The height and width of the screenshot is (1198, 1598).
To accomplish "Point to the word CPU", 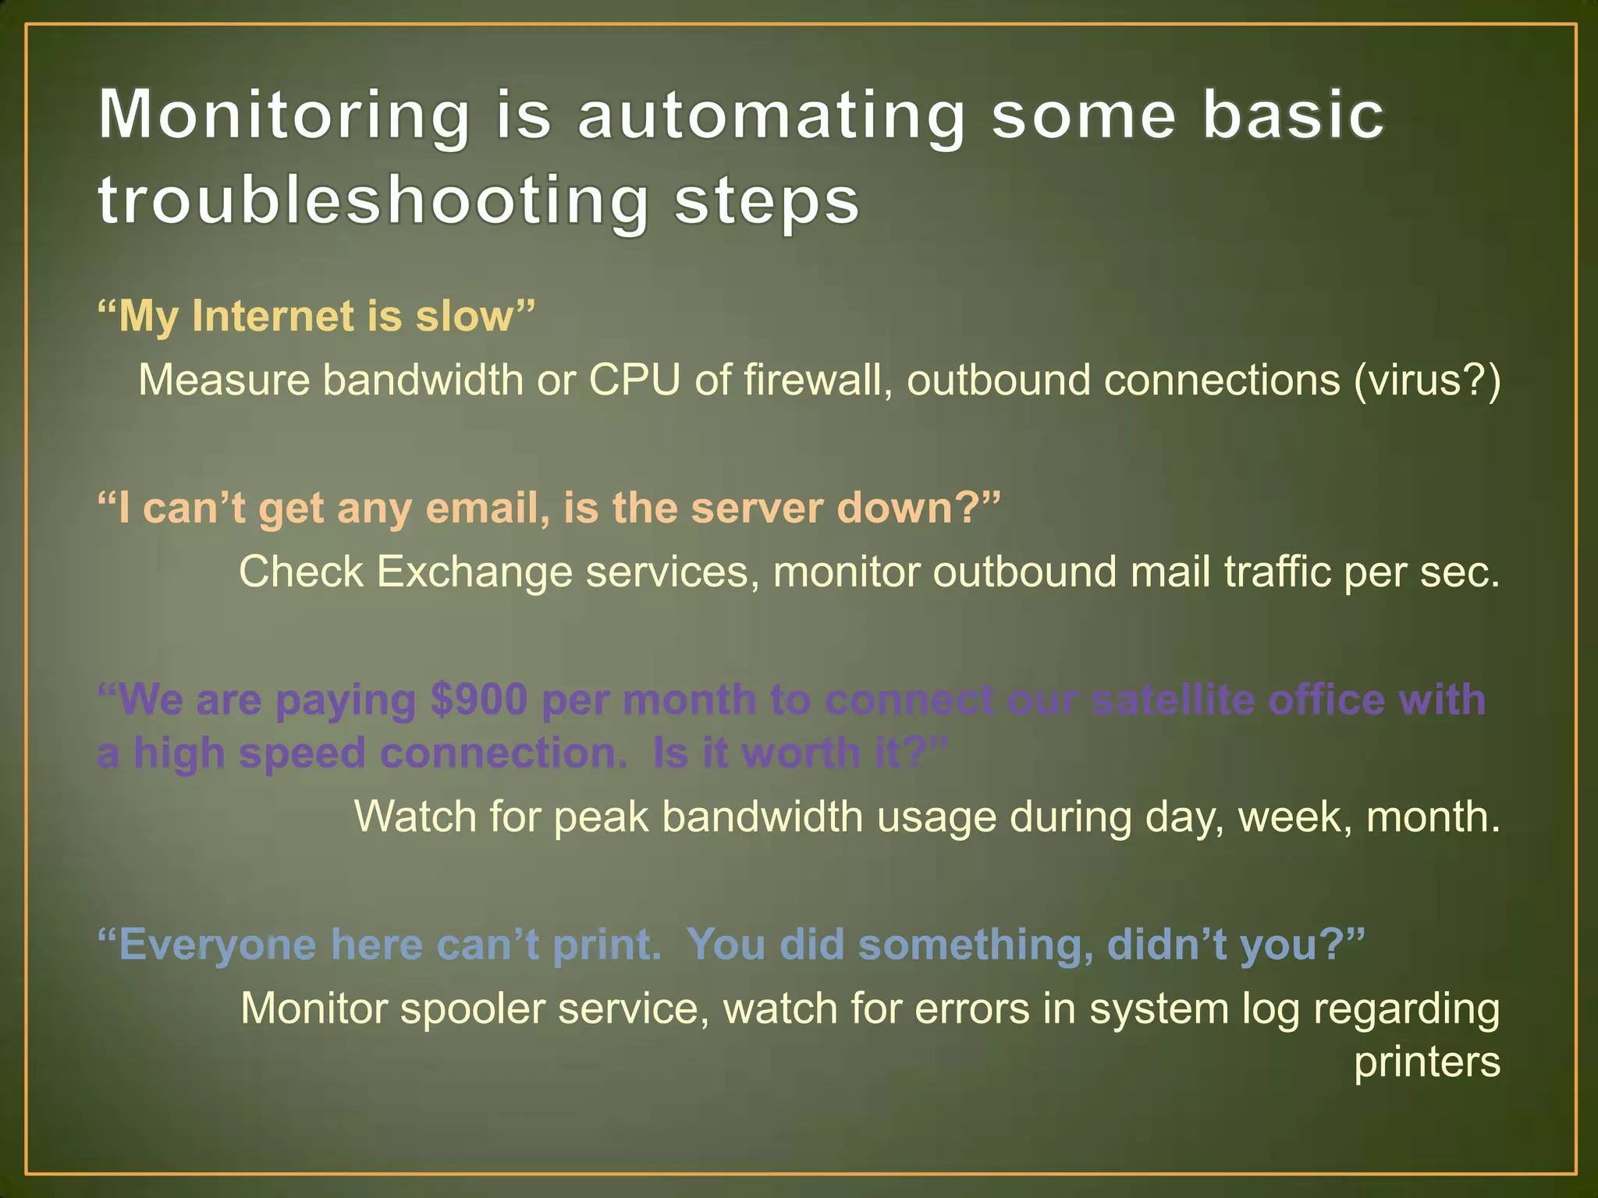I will click(634, 381).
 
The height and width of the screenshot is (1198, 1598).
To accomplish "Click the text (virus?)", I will click(1426, 381).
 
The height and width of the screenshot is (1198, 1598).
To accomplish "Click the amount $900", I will click(479, 700).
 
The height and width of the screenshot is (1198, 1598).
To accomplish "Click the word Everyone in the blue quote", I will click(217, 945).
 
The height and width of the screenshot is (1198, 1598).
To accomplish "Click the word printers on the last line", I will click(1426, 1062).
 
